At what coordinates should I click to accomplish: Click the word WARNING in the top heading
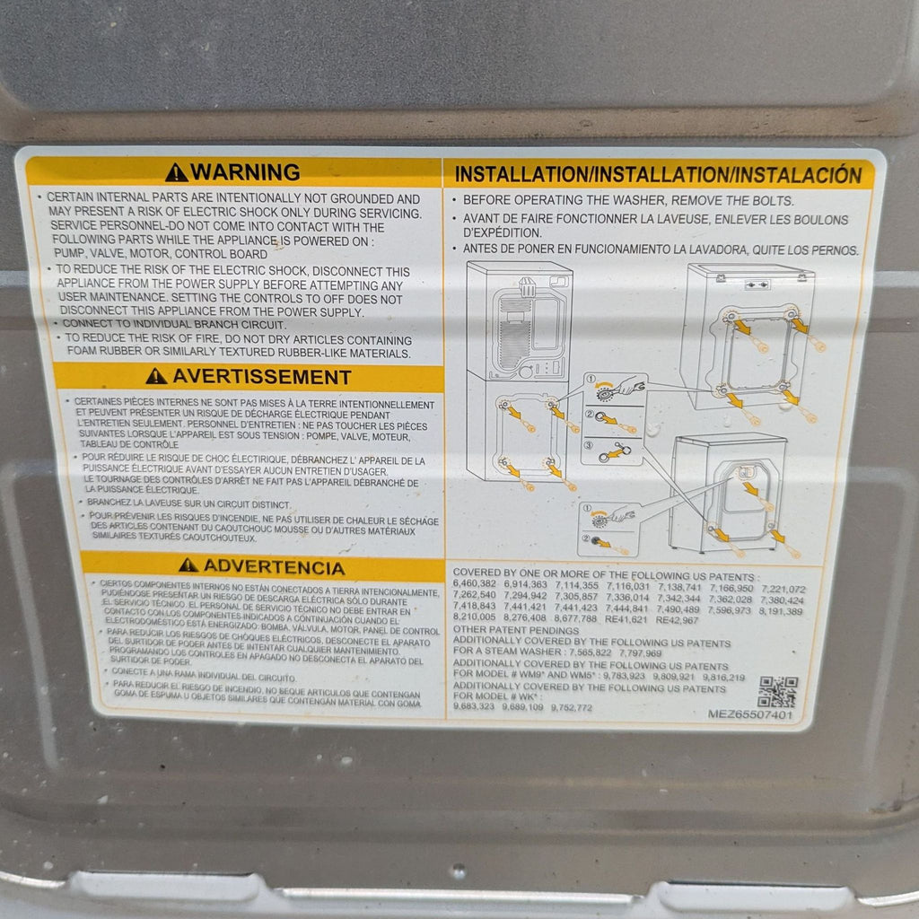pyautogui.click(x=245, y=171)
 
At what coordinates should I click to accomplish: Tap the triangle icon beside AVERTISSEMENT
pyautogui.click(x=156, y=376)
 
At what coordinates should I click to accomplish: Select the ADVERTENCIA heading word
pyautogui.click(x=273, y=566)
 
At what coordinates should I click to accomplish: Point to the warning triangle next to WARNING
pyautogui.click(x=177, y=172)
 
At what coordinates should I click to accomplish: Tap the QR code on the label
pyautogui.click(x=776, y=691)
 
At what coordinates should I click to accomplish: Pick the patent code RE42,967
pyautogui.click(x=678, y=619)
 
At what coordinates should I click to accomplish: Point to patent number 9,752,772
pyautogui.click(x=573, y=707)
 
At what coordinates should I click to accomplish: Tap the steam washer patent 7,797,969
pyautogui.click(x=636, y=653)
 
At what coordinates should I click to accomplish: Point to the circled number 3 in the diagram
pyautogui.click(x=589, y=444)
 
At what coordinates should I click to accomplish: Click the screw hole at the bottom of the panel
pyautogui.click(x=459, y=870)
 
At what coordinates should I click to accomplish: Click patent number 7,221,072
pyautogui.click(x=783, y=589)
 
